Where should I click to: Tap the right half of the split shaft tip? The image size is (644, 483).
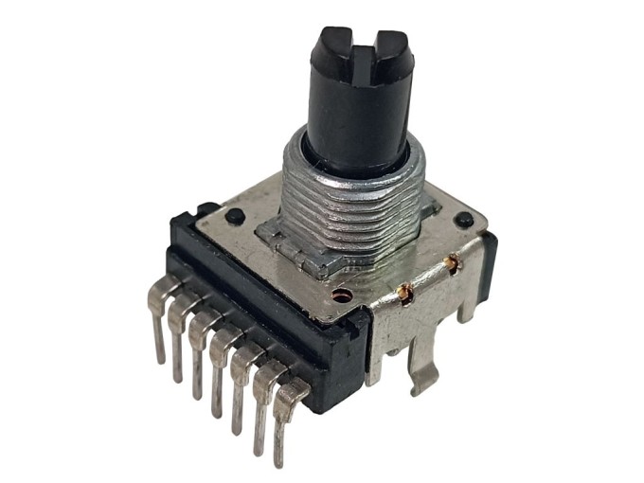389,45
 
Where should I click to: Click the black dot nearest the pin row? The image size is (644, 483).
231,219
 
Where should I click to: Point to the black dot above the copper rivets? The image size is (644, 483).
462,220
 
